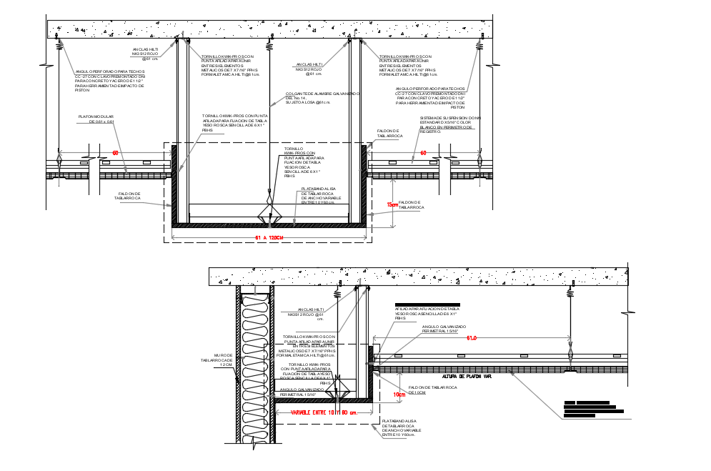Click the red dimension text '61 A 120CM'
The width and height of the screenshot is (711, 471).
(x=269, y=238)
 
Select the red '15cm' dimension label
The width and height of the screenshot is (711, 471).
(x=392, y=204)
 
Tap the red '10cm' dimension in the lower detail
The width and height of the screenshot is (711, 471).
(x=399, y=394)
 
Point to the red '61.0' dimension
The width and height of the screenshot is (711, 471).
(x=472, y=338)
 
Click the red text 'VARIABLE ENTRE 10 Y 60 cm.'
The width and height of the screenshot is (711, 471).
(x=323, y=412)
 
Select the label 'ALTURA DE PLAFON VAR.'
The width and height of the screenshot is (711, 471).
(x=467, y=376)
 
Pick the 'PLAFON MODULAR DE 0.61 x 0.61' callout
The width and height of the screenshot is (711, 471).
(x=96, y=119)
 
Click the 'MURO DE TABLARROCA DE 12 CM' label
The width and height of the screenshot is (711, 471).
(x=217, y=359)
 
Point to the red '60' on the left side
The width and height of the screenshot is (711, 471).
(x=114, y=153)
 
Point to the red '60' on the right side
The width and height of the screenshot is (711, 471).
(x=423, y=153)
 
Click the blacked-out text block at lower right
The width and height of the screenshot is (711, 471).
(x=592, y=409)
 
